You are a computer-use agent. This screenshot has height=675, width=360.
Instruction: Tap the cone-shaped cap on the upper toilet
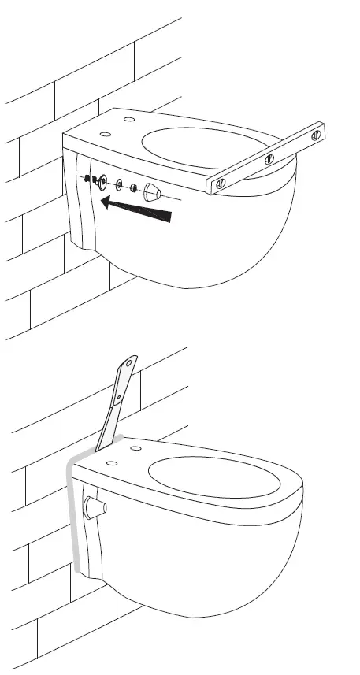click(152, 193)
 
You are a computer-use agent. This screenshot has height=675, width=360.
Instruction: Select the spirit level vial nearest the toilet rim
click(221, 184)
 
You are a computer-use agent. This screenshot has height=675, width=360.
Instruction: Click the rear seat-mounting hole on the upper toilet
click(128, 119)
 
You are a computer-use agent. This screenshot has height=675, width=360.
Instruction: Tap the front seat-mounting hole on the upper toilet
click(104, 135)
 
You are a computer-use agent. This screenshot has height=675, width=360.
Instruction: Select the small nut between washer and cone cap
click(133, 189)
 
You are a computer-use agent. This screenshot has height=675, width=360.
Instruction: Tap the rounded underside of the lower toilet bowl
click(228, 583)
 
